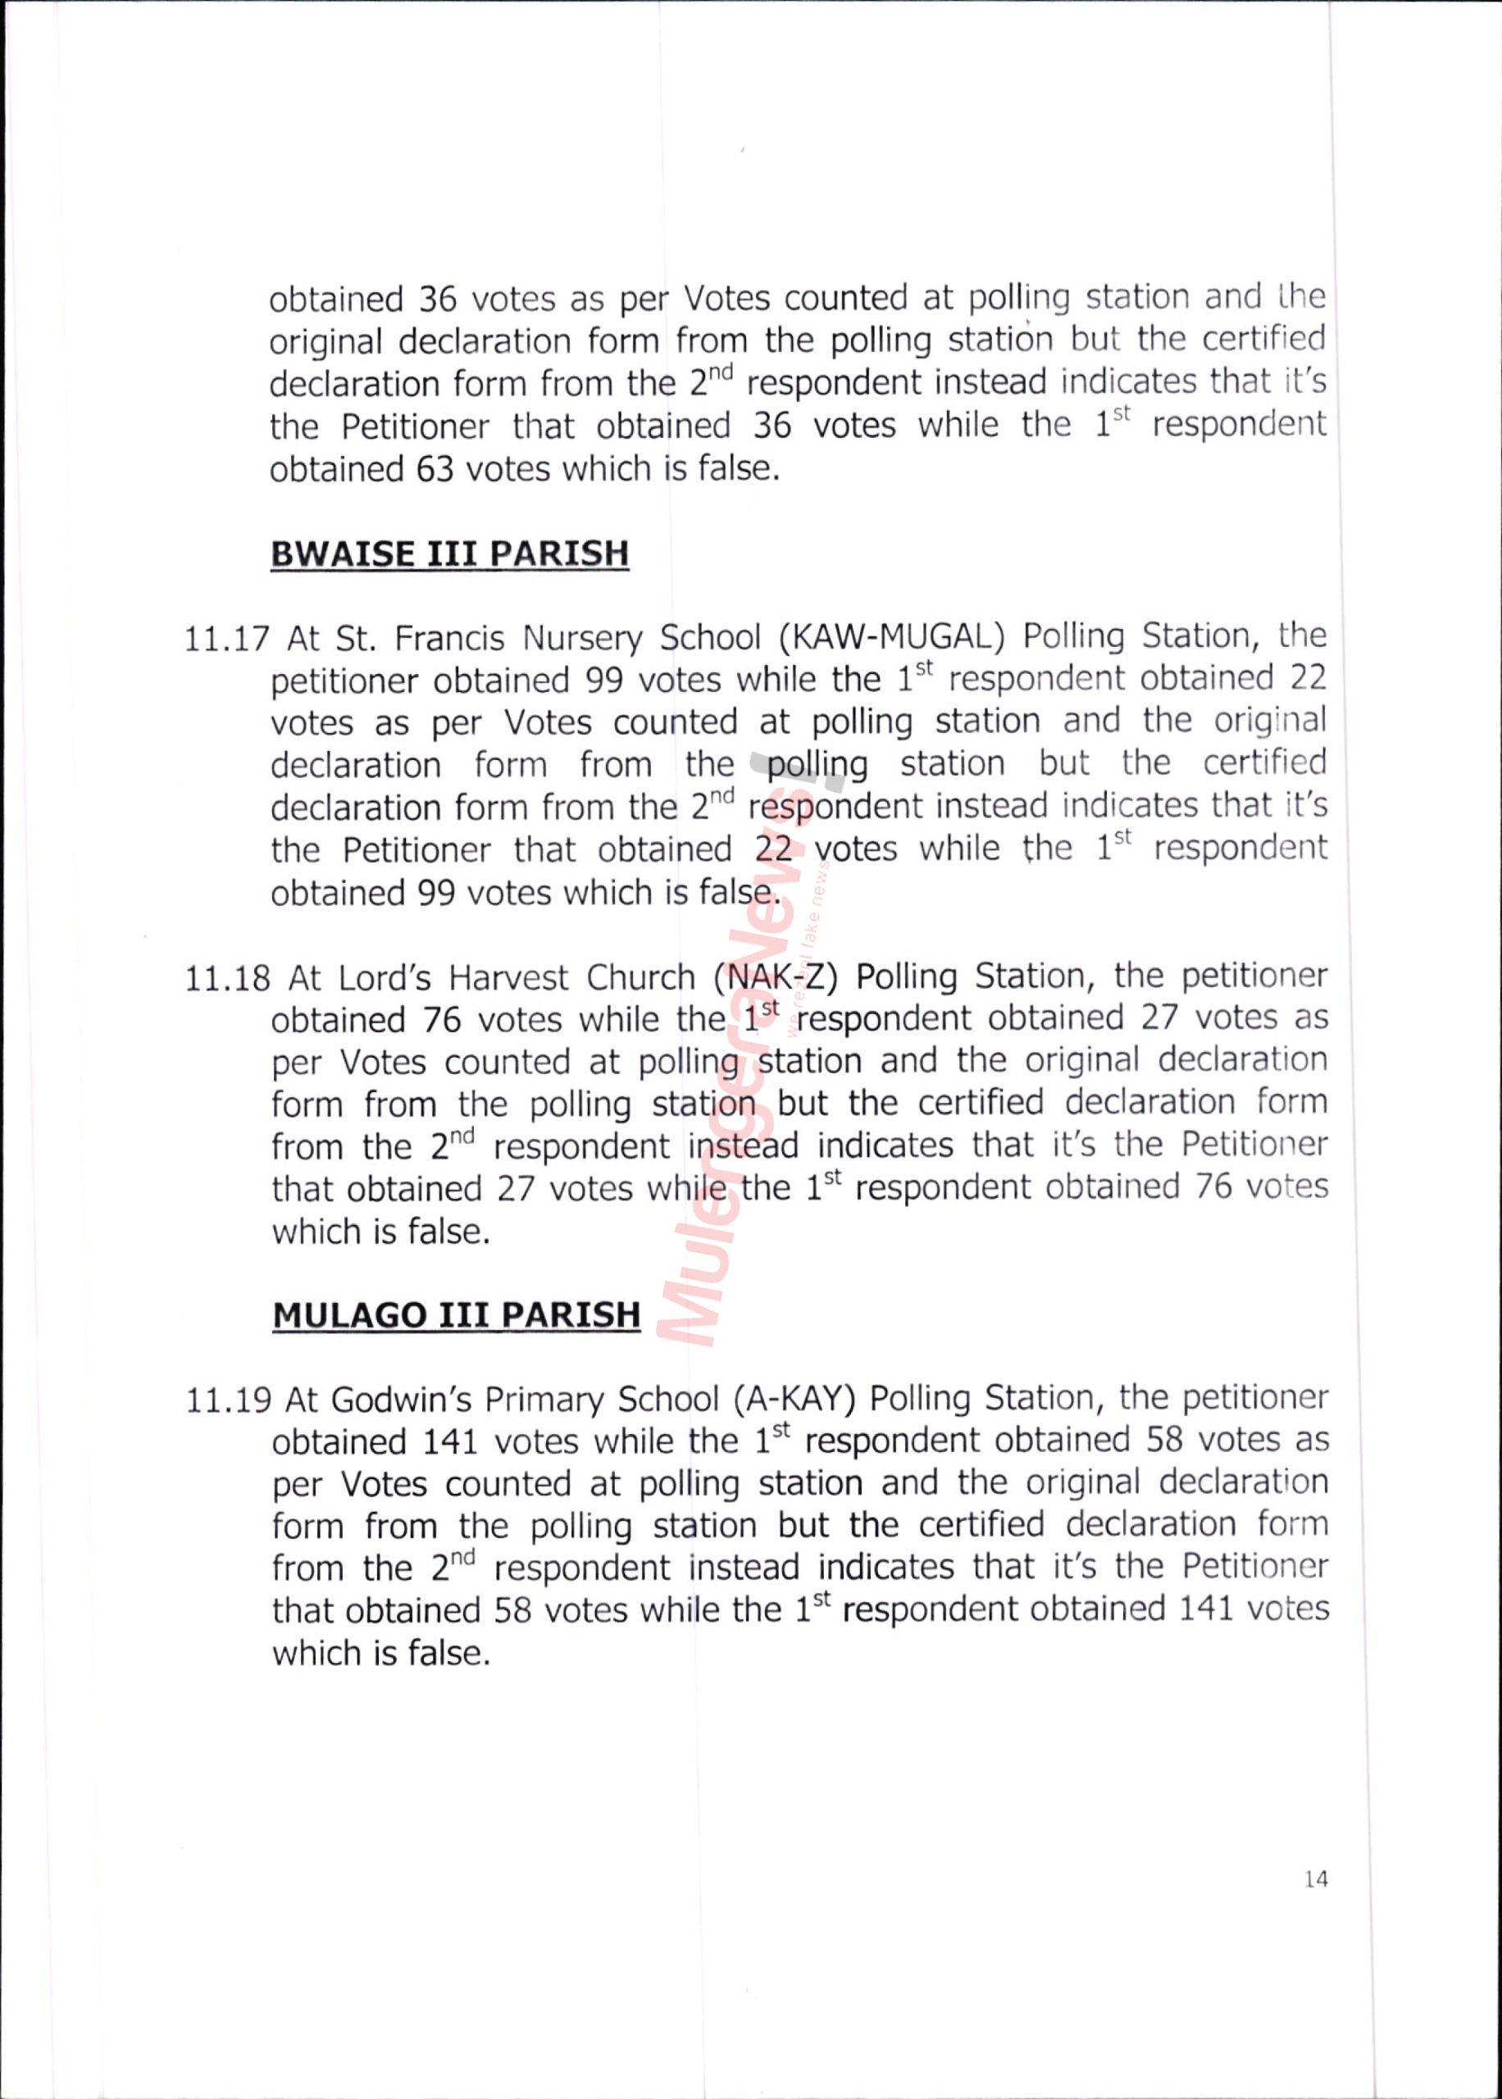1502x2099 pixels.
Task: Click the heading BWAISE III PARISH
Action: pyautogui.click(x=449, y=554)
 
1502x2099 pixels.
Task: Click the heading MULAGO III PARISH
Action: pyautogui.click(x=456, y=1315)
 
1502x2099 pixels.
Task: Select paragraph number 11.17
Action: pyautogui.click(x=226, y=639)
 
